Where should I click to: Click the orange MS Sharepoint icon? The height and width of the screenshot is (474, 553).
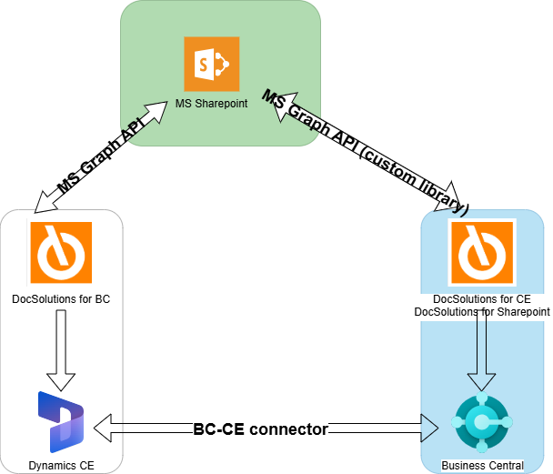[211, 65]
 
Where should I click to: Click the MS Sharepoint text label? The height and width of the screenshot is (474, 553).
[211, 104]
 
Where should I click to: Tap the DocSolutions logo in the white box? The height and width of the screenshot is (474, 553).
[61, 252]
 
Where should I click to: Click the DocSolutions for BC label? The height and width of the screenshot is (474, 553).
[61, 298]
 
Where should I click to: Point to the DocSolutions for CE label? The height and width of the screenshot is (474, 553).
[482, 299]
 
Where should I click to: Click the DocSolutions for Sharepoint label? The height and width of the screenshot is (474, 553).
[482, 312]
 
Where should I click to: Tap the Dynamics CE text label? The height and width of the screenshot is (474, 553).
[61, 465]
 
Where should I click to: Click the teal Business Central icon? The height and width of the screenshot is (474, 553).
[482, 423]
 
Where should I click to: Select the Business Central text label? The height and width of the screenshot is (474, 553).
[482, 466]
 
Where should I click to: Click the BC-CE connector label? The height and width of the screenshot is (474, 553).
[260, 429]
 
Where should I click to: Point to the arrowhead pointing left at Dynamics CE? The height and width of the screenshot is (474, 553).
[105, 429]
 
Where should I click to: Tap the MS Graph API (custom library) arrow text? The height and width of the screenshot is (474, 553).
[364, 151]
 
